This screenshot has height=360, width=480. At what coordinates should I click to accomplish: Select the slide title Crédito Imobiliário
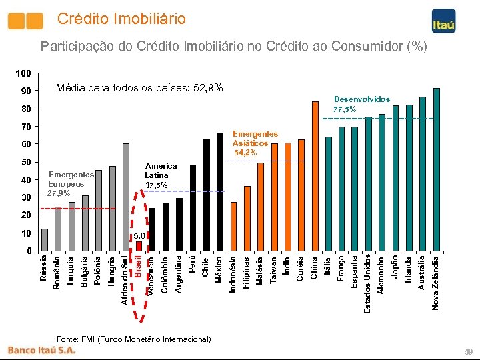tap(121, 19)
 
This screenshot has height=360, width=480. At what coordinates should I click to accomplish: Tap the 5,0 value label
tap(139, 236)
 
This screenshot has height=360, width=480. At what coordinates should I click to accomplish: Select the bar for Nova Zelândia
tap(437, 169)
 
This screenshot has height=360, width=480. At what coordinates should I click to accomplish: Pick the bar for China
tap(315, 176)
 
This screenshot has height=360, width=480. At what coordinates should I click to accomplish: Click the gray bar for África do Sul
tap(126, 197)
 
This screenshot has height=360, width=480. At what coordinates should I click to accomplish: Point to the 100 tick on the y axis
tap(24, 73)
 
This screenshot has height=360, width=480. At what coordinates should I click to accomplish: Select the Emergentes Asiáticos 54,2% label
tap(251, 143)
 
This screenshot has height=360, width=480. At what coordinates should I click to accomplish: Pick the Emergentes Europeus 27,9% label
tap(66, 184)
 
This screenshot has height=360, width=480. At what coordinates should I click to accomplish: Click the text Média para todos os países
tap(139, 88)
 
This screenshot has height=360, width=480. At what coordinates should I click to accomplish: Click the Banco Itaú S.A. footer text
tap(42, 350)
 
